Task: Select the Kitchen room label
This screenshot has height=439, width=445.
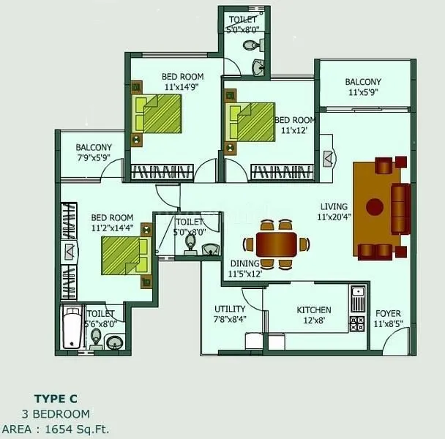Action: click(314, 310)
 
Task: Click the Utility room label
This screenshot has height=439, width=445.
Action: click(230, 309)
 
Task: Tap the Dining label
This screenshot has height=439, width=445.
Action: click(245, 263)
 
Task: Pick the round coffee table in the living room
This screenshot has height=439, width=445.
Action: click(375, 207)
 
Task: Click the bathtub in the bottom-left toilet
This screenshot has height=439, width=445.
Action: click(71, 328)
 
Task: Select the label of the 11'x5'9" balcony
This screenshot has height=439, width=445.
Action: click(364, 82)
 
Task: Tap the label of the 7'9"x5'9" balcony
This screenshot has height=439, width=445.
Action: click(94, 147)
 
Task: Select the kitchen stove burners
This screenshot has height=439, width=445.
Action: click(357, 323)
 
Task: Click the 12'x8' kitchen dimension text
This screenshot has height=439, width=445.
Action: click(314, 320)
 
